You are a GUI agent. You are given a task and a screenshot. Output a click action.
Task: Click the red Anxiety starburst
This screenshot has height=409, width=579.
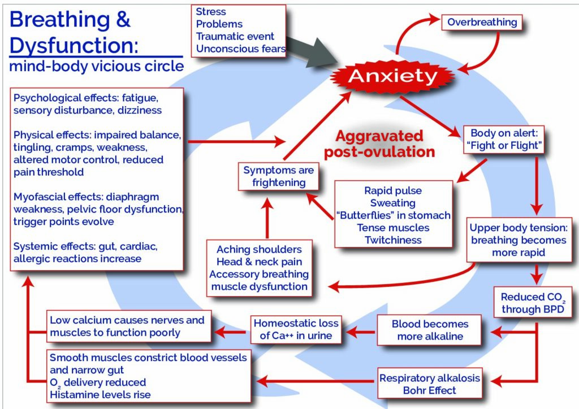click(x=392, y=76)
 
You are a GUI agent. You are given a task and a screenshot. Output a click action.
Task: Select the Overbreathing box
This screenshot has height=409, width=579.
click(x=482, y=23)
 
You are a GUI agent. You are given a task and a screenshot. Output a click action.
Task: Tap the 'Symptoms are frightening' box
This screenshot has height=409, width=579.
click(x=278, y=176)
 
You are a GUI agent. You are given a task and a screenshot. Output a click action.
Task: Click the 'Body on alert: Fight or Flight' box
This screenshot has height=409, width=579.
click(x=504, y=140)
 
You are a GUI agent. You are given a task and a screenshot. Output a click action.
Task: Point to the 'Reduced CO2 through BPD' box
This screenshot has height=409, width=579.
click(x=533, y=302)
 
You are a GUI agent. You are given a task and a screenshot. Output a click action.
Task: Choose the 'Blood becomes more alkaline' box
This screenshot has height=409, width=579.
click(x=430, y=330)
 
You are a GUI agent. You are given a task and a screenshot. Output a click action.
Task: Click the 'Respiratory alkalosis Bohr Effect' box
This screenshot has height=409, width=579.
click(x=430, y=384)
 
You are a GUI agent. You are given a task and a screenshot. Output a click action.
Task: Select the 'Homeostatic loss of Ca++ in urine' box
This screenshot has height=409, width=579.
click(x=296, y=329)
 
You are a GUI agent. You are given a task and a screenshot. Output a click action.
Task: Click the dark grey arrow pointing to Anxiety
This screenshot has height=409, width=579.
click(x=312, y=51)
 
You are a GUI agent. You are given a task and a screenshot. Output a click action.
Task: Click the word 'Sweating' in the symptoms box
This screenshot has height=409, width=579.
click(x=393, y=203)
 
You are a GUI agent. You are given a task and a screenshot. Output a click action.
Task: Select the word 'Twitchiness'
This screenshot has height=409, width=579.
click(x=394, y=240)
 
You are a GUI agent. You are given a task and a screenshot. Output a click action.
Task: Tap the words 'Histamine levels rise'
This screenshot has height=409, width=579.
click(x=100, y=395)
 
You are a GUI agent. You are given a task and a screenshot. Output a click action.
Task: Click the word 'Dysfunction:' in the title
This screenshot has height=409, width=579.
click(x=74, y=45)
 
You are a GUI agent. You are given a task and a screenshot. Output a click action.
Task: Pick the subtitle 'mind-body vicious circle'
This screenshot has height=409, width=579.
click(x=96, y=67)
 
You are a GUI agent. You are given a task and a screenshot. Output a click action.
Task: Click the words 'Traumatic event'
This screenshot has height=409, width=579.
click(x=235, y=37)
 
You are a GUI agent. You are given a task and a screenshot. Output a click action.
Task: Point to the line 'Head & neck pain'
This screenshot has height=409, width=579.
click(x=259, y=262)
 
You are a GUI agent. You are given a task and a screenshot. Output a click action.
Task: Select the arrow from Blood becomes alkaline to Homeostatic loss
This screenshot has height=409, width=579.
click(x=360, y=332)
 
